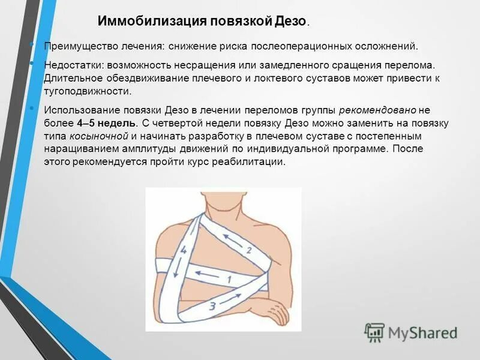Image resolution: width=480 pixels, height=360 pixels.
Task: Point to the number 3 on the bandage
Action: click(x=212, y=306)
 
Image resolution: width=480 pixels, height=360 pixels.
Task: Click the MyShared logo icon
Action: click(x=374, y=332)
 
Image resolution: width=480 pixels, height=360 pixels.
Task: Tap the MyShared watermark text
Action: click(x=422, y=332)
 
